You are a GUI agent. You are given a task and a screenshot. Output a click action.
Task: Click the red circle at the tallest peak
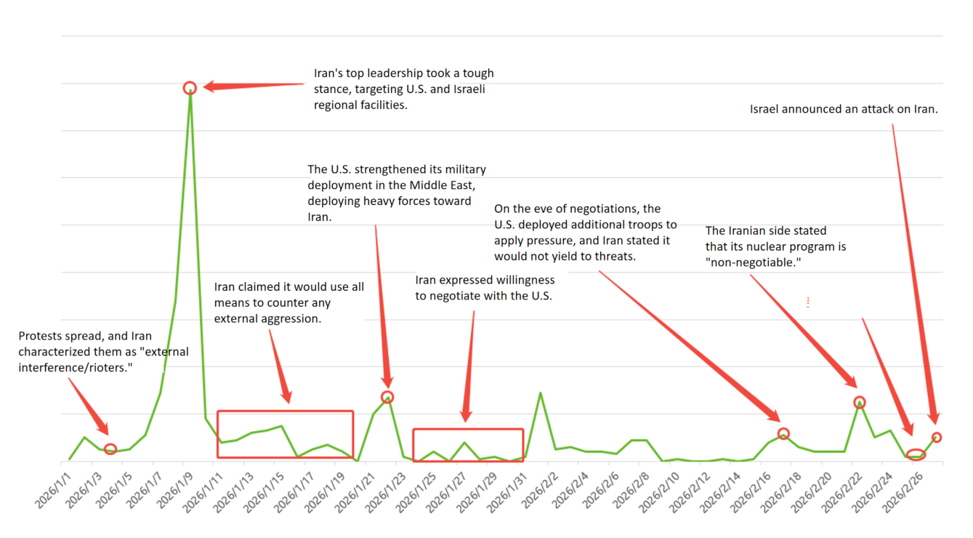pos(190,88)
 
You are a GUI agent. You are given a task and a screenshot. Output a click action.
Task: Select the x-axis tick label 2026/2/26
pos(907,489)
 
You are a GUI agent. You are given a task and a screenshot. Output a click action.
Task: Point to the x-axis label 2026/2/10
pos(664,489)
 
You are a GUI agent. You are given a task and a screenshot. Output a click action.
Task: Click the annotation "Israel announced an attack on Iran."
pos(844,109)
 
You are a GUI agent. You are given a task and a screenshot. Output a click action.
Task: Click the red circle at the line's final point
pos(937,437)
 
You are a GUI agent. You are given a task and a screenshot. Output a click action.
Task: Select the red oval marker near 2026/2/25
pos(916,455)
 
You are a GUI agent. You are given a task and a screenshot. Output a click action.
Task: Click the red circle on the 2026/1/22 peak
pos(387,397)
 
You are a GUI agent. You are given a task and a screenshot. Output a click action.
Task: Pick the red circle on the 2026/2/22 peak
pos(860,402)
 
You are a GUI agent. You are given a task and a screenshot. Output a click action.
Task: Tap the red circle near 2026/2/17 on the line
pos(783,433)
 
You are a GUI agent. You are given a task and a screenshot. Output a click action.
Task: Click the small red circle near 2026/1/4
pos(110,449)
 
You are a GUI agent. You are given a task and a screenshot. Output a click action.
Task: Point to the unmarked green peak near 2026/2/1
pos(540,393)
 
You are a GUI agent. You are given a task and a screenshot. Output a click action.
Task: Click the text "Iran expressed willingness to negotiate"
pos(485,288)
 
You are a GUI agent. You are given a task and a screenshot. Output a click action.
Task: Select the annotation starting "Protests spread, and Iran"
pos(103,352)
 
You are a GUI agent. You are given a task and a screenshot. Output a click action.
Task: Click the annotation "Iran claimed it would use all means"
pos(288,302)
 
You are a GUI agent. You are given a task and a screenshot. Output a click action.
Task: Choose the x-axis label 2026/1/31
pos(512,489)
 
